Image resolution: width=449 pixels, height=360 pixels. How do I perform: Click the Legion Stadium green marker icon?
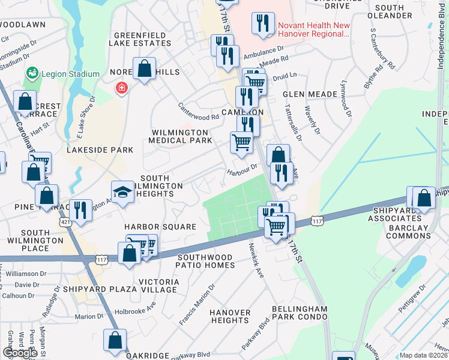[31, 74]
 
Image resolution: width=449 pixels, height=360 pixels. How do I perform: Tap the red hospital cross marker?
[122, 88]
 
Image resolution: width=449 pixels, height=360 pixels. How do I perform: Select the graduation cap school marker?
[122, 192]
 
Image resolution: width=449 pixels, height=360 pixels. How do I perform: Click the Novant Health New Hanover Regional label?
[312, 29]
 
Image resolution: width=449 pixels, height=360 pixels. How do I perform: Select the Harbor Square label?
[160, 227]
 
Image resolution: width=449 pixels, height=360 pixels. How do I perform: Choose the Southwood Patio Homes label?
[206, 261]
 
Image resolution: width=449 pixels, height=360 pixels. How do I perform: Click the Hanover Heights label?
[230, 316]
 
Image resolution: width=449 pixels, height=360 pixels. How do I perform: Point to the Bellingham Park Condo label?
[300, 312]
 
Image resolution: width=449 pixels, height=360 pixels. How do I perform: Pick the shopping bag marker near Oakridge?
[115, 340]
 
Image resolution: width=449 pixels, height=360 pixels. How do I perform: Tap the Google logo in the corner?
[20, 353]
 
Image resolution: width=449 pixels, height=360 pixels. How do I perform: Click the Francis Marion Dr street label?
[196, 305]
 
